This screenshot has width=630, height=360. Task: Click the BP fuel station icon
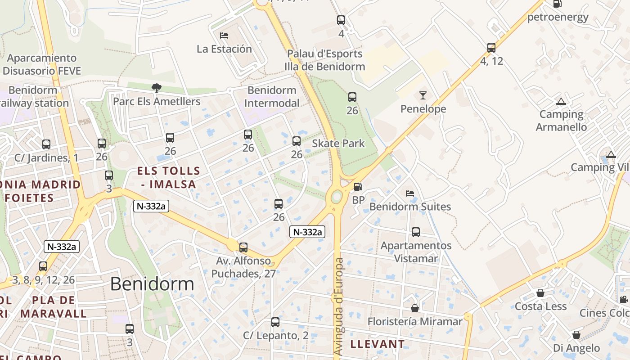click(x=358, y=186)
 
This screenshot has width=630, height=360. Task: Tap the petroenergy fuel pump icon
click(x=557, y=4)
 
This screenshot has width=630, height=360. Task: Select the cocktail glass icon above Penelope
click(x=423, y=95)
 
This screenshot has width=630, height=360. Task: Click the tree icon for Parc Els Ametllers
click(x=156, y=88)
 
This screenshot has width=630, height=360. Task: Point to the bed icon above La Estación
click(x=224, y=35)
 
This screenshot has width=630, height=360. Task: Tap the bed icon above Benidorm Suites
click(x=409, y=193)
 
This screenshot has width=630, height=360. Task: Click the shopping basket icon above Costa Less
click(x=540, y=293)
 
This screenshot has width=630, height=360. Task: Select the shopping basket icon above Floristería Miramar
click(x=414, y=308)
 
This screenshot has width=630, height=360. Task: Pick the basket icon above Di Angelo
click(x=576, y=335)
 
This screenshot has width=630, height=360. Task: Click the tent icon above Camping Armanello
click(x=560, y=102)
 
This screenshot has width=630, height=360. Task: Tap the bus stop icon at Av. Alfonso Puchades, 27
click(x=243, y=247)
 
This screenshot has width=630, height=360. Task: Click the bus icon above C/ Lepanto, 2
click(x=275, y=322)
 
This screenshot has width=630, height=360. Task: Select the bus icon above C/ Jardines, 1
click(x=46, y=144)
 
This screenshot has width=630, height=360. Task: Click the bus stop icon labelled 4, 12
click(x=491, y=47)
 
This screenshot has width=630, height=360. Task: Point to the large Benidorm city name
click(x=152, y=284)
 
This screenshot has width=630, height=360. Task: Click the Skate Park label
click(x=338, y=144)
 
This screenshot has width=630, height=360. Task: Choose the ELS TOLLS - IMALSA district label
click(x=168, y=177)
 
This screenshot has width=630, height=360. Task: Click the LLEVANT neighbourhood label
click(x=377, y=344)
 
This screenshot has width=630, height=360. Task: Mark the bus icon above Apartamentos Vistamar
click(x=415, y=232)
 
